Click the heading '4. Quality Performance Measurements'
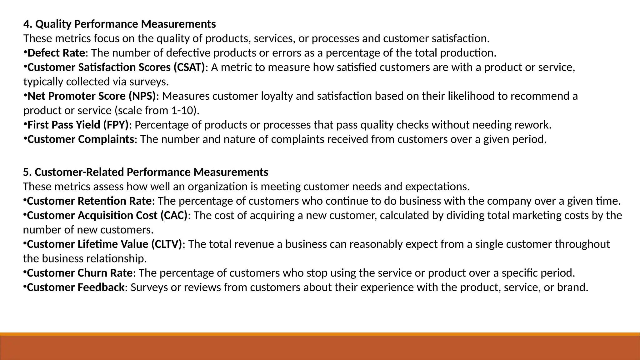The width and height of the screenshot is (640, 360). point(119,24)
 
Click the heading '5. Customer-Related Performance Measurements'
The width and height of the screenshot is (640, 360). point(145,172)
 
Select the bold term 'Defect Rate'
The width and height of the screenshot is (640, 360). point(56,53)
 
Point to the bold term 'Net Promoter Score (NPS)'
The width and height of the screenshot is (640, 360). point(92,96)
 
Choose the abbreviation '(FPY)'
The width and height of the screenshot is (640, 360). point(116,125)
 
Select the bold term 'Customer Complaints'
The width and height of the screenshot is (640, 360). point(81,139)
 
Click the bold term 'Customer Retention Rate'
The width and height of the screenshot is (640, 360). point(89,201)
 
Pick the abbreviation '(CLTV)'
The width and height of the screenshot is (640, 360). point(167,244)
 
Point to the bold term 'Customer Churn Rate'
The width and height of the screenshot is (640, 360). point(80,273)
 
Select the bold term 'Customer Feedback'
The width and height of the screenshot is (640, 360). point(76,287)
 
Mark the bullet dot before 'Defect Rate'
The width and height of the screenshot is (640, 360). point(25,52)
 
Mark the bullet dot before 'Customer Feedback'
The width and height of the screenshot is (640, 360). point(25,286)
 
